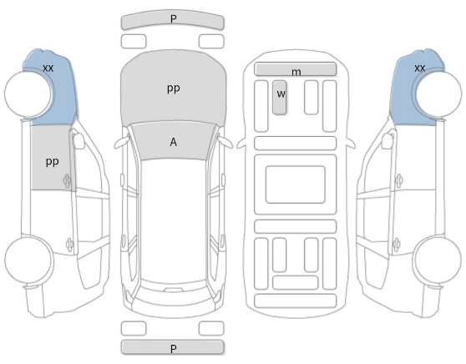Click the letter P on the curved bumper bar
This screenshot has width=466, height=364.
(x=173, y=18)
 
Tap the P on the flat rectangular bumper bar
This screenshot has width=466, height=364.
(x=173, y=348)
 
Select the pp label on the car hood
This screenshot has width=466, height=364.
(x=173, y=88)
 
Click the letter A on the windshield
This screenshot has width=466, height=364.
(x=173, y=142)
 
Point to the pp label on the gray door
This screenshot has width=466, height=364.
(x=53, y=162)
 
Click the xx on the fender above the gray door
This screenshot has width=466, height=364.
(x=48, y=68)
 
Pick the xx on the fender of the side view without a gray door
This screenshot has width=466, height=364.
(x=419, y=68)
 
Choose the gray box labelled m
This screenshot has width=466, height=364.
(x=296, y=69)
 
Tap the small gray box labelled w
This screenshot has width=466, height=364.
(x=280, y=97)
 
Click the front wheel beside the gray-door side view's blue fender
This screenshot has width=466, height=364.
(x=28, y=94)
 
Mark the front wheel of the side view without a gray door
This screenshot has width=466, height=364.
(x=438, y=94)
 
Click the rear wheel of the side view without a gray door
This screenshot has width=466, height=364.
(x=438, y=260)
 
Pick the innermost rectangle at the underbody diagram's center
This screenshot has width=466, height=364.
(x=296, y=185)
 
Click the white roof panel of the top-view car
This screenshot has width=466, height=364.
(x=173, y=220)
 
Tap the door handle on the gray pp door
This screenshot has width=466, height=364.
(x=67, y=180)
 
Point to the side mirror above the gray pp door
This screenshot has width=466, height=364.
(x=79, y=139)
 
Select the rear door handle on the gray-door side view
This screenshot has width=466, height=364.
(x=69, y=245)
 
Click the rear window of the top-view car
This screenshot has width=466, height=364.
(x=174, y=294)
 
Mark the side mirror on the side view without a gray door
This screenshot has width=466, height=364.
(x=387, y=139)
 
